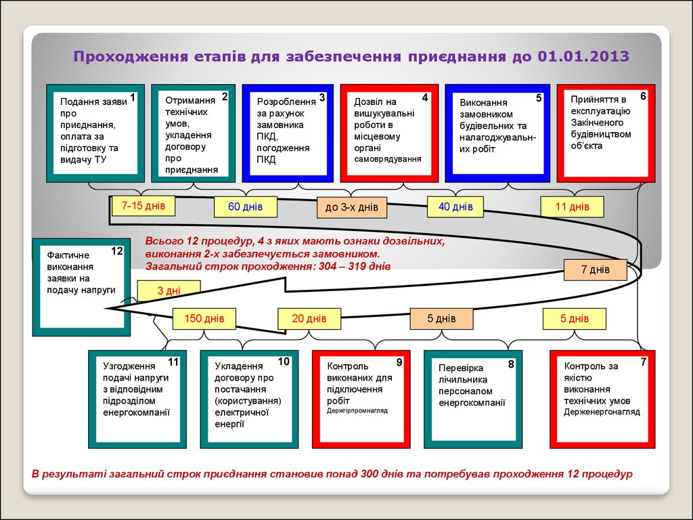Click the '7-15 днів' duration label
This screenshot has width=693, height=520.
pos(143,205)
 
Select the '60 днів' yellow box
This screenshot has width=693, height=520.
pos(244,207)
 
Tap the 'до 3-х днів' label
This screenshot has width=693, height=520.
pos(351,207)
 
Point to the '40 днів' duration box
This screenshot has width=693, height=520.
pos(455,207)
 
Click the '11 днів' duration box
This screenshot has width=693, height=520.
pos(572,207)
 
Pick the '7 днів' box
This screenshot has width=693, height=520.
pos(595,269)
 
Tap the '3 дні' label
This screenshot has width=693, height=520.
pos(169,290)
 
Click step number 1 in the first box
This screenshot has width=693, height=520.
pos(133,98)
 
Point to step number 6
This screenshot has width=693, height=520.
pos(643,96)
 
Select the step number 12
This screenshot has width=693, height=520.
pos(117,251)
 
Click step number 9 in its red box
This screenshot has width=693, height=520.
pos(399,362)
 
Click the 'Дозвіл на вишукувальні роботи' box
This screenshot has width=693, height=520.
pos(389,133)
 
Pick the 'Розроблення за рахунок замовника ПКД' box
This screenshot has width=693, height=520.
pos(288,133)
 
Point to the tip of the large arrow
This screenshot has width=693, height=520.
pos(108,309)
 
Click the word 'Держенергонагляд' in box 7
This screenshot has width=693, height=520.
pos(602,412)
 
